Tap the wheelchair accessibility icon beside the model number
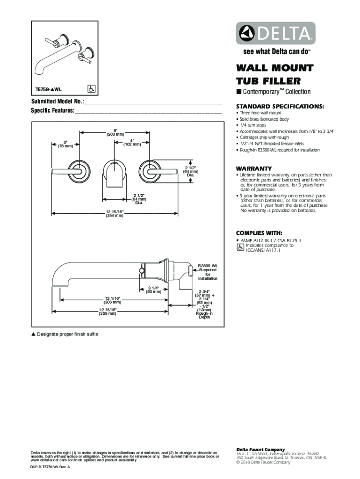tap(92, 88)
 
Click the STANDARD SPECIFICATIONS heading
tap(280, 106)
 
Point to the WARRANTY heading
tap(254, 168)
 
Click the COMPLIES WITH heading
tap(259, 233)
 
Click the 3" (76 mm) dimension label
tap(65, 144)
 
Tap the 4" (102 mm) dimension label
tap(132, 142)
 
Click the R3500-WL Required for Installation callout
tap(208, 271)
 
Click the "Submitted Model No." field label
tap(58, 102)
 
